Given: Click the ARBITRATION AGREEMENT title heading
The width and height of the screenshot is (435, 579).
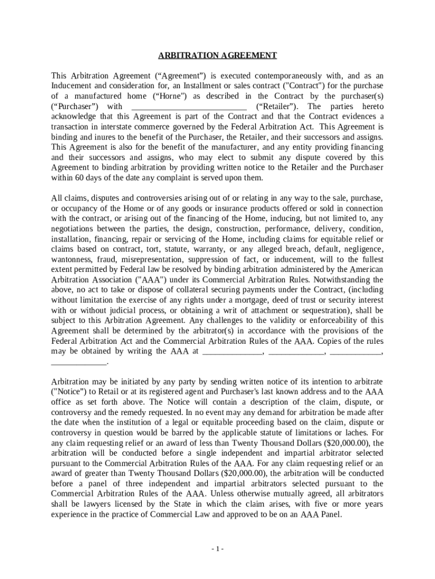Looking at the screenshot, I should click(x=217, y=55).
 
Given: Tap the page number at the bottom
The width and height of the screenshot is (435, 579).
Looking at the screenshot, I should click(x=217, y=549).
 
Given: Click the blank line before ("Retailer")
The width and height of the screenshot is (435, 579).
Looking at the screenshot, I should click(x=189, y=107).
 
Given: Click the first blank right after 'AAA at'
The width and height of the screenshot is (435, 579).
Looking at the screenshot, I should click(x=232, y=352).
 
